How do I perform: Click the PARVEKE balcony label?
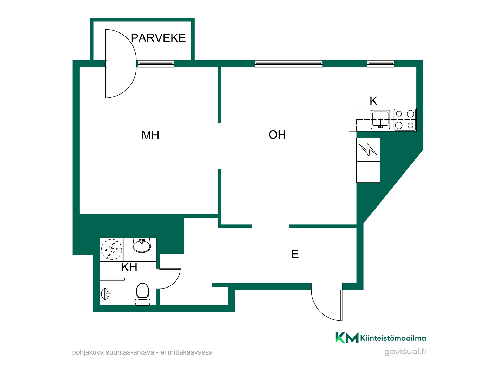point(158,38)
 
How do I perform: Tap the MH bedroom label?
point(150,135)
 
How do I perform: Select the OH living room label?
point(277,135)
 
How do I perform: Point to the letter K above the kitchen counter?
point(373,101)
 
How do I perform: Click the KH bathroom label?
point(129,267)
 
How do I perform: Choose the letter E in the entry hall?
point(295,254)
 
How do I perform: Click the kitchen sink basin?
point(380,119)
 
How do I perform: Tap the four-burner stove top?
point(405,119)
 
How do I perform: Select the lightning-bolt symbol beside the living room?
point(368,150)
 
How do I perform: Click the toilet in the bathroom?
point(142,294)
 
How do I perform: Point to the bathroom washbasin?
point(142,246)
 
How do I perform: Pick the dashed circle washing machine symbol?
point(111,249)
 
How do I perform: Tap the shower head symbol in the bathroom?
point(106,294)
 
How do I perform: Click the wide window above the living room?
point(288,64)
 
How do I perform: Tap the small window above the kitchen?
point(380,64)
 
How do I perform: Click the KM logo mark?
point(347,338)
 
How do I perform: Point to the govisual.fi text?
point(405,352)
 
